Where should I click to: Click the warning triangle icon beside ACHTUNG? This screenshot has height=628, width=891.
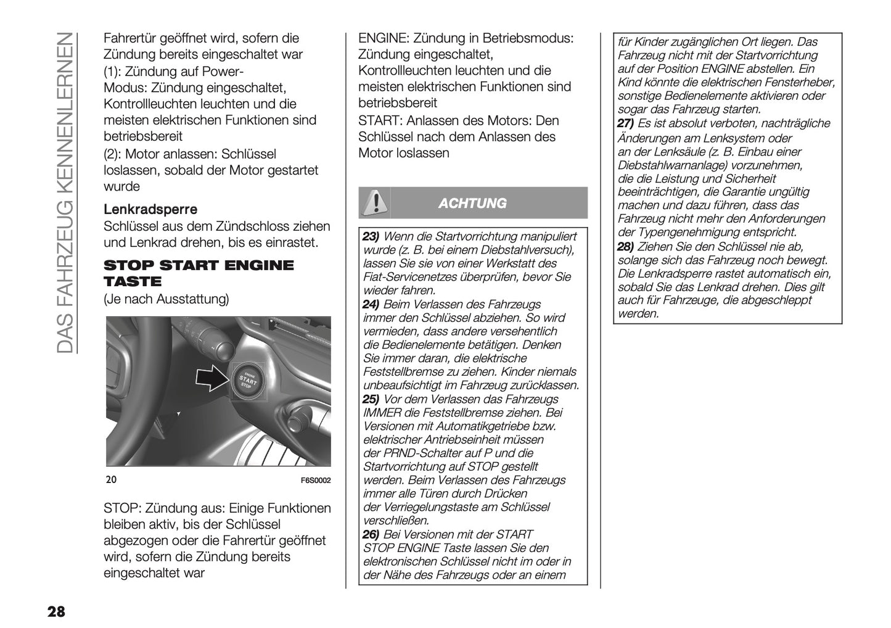tap(374, 203)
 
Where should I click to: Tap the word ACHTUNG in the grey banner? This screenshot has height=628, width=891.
tap(472, 203)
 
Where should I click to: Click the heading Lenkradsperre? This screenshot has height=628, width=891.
tap(150, 210)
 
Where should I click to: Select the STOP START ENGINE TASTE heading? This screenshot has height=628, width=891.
tap(199, 273)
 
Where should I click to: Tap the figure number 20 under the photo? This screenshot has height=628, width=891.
tap(111, 480)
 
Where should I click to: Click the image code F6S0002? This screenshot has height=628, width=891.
tap(316, 481)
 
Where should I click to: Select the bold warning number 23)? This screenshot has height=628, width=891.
tap(371, 237)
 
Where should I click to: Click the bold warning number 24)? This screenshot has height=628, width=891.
tap(371, 304)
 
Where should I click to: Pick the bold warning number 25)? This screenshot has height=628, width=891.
tap(371, 399)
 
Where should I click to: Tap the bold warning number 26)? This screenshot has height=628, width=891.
tap(371, 534)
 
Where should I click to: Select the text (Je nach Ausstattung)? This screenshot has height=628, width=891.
tap(166, 300)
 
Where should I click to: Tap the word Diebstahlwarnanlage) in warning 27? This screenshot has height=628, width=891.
tap(666, 165)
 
